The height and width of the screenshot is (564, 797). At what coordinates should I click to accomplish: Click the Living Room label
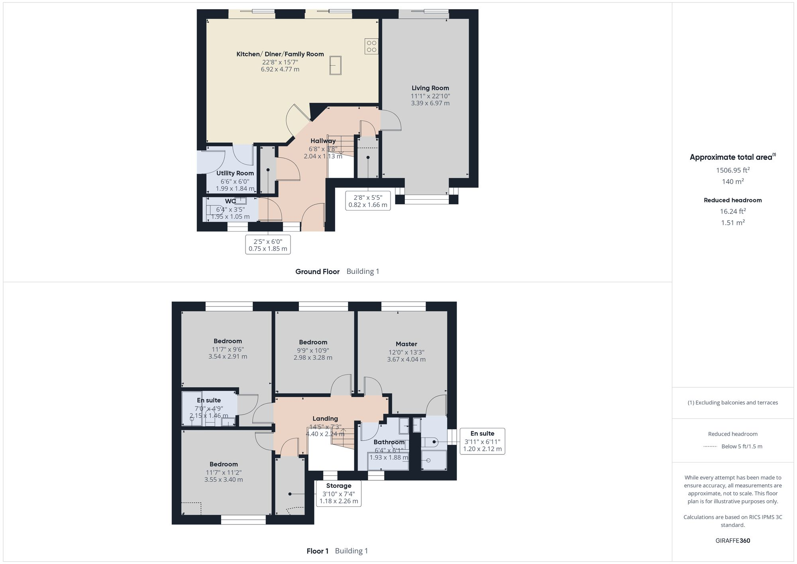(430, 88)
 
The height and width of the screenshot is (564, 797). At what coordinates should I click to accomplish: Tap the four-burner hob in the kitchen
(371, 46)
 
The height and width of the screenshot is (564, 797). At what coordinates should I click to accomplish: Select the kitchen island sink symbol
(335, 65)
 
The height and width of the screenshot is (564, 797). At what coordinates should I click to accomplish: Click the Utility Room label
(235, 173)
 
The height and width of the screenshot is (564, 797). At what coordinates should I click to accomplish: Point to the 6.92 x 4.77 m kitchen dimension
(280, 69)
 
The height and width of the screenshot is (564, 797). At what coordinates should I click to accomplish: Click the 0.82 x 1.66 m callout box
(367, 201)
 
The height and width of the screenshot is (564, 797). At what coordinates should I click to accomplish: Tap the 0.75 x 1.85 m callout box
(268, 245)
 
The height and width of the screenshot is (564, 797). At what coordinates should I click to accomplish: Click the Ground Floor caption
(317, 271)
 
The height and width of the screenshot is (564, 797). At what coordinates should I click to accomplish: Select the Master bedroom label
(406, 344)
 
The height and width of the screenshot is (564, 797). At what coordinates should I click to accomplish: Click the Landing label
(325, 419)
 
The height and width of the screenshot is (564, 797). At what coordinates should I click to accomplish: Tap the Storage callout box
(338, 493)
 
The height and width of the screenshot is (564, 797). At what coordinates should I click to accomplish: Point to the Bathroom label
(389, 442)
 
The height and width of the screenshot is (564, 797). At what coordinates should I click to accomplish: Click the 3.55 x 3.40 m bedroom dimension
(224, 479)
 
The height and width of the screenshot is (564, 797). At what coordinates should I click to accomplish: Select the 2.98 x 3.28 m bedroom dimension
(313, 358)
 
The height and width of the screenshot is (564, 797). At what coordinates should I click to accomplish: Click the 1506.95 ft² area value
(732, 170)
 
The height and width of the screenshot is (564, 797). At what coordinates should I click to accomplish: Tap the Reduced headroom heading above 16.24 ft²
(732, 200)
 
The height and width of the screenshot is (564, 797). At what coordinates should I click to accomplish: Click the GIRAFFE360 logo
(732, 540)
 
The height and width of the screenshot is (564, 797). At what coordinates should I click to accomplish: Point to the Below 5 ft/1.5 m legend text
(742, 446)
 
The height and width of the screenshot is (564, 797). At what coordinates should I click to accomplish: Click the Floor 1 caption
(317, 551)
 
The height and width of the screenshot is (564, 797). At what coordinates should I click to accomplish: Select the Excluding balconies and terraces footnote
(732, 403)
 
